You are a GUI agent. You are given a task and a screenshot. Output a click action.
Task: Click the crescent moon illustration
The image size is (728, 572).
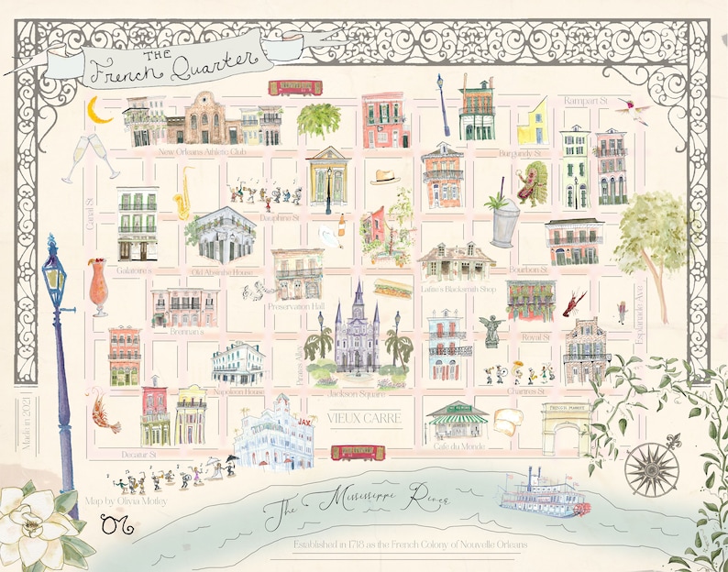point(100,111)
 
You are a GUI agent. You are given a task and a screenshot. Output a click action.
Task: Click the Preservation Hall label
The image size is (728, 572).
point(296,308)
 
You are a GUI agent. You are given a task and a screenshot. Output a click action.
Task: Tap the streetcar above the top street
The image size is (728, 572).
point(294,88)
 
